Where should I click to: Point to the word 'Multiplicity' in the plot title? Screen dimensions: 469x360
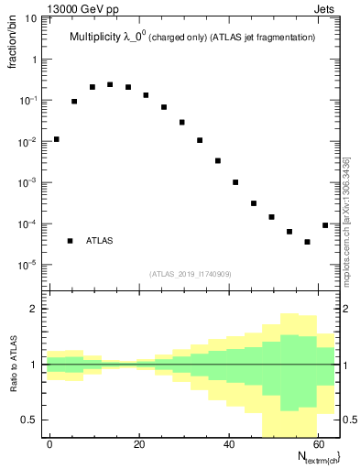point(99,38)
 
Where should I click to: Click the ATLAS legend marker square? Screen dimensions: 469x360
point(70,241)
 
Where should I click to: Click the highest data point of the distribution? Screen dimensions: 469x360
point(110,84)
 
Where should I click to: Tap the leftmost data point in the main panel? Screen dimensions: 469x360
point(56,139)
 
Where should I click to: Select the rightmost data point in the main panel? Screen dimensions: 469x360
point(325,225)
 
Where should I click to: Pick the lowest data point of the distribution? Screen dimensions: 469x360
point(307,242)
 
